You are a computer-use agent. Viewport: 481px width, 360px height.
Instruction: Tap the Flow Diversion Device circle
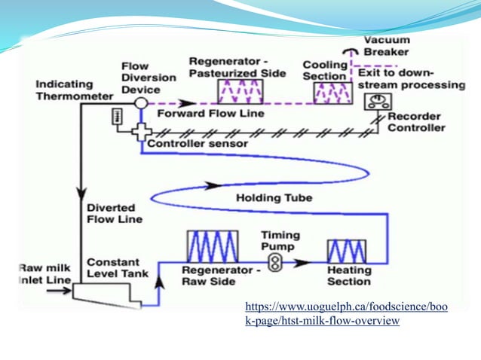[141, 102]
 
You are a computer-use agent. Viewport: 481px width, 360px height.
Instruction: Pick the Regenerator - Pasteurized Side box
[238, 90]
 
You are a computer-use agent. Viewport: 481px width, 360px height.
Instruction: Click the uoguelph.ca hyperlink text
[346, 314]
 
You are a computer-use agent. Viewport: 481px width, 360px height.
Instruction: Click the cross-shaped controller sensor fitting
[140, 133]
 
